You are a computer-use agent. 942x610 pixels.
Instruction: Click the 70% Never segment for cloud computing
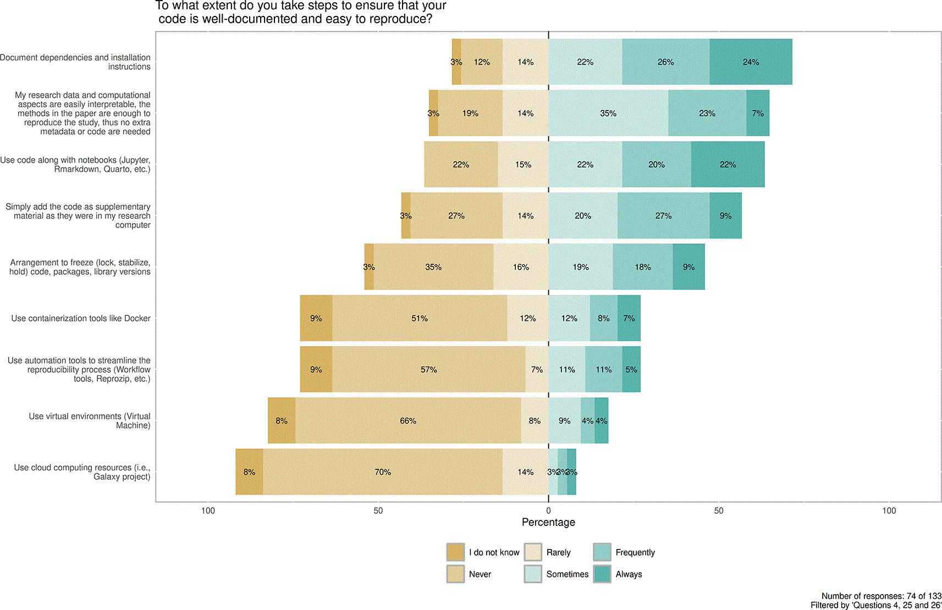383,472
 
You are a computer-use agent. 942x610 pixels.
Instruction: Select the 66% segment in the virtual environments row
408,420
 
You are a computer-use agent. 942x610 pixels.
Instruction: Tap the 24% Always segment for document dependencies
751,62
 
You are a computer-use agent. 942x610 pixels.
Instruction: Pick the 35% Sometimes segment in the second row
608,113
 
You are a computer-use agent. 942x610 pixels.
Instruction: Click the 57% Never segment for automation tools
428,369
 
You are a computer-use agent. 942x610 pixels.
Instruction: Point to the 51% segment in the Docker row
420,318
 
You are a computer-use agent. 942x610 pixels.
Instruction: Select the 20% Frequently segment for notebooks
657,164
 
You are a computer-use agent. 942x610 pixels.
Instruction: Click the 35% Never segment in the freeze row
433,267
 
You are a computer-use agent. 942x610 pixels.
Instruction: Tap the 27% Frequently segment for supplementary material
663,215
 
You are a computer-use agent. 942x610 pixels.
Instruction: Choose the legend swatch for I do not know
455,552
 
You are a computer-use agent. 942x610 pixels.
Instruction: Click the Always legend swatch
602,574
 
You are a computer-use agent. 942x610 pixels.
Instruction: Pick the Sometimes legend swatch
533,574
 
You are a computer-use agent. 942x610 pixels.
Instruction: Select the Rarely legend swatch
533,552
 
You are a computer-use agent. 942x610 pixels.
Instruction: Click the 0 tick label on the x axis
548,511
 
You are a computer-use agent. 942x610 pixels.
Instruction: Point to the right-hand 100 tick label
889,511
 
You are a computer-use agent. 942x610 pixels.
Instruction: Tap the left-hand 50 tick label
378,511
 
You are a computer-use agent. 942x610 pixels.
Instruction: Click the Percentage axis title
548,522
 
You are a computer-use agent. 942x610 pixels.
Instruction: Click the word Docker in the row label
137,318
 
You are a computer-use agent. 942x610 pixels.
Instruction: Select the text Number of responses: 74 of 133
882,596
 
